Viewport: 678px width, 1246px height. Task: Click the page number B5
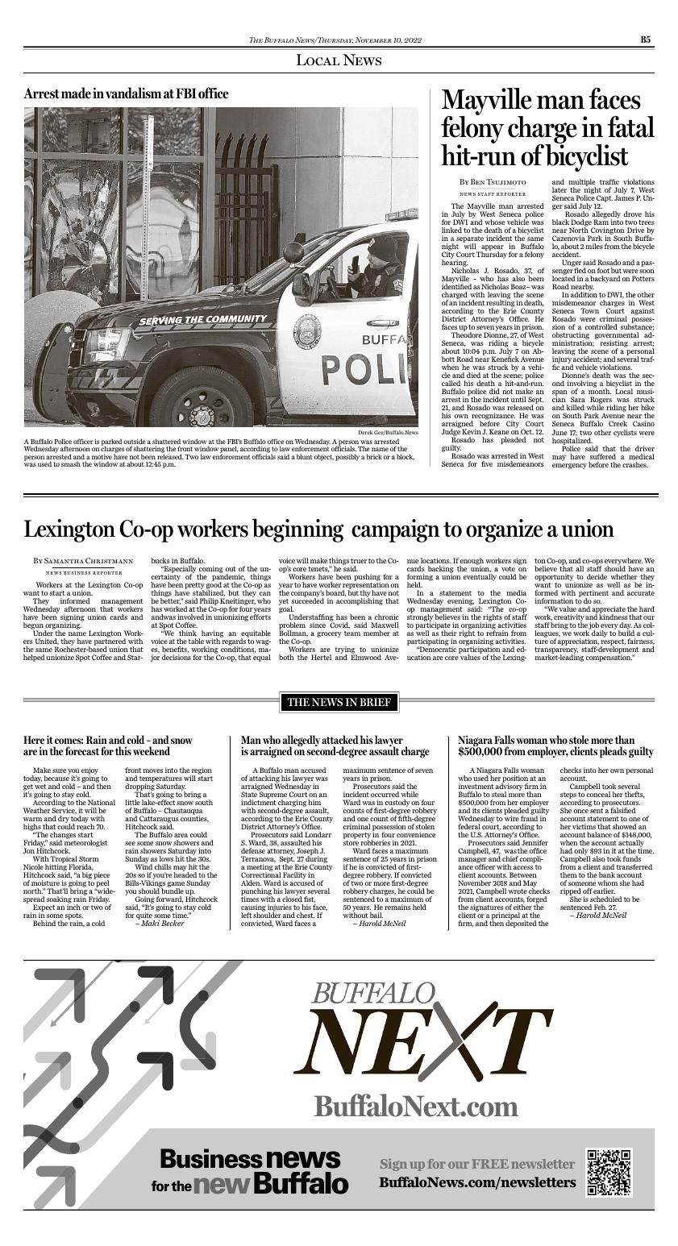pyautogui.click(x=646, y=39)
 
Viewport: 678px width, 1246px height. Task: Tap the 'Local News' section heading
pyautogui.click(x=339, y=60)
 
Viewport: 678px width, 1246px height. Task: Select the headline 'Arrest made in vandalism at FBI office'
pyautogui.click(x=127, y=94)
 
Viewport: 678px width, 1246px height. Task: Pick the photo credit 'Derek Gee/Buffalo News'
pyautogui.click(x=389, y=433)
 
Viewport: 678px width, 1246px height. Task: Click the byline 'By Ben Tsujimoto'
pyautogui.click(x=493, y=183)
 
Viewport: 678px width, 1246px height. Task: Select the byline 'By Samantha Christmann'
pyautogui.click(x=83, y=560)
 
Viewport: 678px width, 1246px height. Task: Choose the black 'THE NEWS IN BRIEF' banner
pyautogui.click(x=339, y=703)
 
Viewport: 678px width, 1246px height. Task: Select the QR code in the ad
pyautogui.click(x=609, y=1171)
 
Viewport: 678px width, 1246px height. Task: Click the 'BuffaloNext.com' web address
pyautogui.click(x=415, y=1105)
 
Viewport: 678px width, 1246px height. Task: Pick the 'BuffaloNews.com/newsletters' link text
pyautogui.click(x=478, y=1182)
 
